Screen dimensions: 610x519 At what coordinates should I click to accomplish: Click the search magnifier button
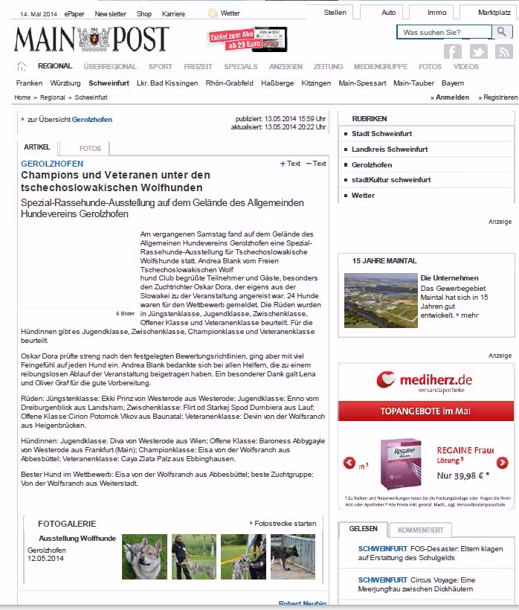click(x=502, y=32)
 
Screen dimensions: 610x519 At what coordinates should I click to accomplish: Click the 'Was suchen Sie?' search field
click(x=444, y=33)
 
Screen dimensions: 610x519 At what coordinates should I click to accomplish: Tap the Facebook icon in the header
click(x=452, y=52)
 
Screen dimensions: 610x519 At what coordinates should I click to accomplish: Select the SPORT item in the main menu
click(x=160, y=66)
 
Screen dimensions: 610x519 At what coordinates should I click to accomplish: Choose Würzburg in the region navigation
click(x=65, y=83)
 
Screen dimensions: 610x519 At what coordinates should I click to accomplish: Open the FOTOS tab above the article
click(x=90, y=148)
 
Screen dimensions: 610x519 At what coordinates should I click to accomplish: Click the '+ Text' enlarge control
click(x=291, y=164)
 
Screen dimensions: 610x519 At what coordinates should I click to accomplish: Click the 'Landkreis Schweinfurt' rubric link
click(x=390, y=150)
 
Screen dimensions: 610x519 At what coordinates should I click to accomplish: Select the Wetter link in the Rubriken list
click(x=363, y=196)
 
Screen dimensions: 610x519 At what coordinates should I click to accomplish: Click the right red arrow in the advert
click(x=502, y=463)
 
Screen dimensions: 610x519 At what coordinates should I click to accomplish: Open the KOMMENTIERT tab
click(x=420, y=530)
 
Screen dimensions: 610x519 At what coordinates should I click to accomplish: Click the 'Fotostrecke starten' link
click(x=283, y=524)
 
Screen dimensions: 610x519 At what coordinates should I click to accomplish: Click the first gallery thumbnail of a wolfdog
click(x=144, y=556)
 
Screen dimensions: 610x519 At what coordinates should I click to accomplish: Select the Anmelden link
click(x=452, y=97)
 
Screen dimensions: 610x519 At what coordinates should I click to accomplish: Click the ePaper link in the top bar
click(x=74, y=13)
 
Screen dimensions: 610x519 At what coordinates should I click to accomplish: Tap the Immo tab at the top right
click(x=437, y=13)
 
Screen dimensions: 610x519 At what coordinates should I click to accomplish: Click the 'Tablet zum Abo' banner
click(x=248, y=39)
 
